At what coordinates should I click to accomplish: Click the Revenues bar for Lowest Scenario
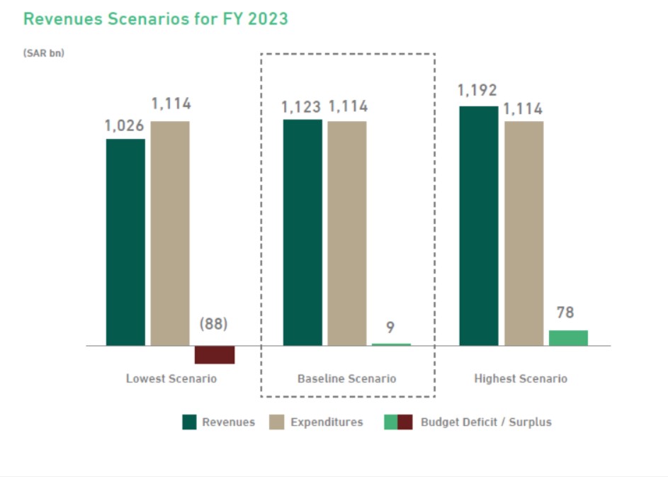click(125, 242)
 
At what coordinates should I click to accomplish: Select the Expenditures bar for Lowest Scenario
click(170, 233)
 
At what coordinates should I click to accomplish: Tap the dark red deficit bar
click(215, 354)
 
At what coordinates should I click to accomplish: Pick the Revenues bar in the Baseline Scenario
click(302, 232)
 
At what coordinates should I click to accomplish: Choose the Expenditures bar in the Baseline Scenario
click(347, 233)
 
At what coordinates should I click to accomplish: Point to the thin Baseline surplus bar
click(391, 344)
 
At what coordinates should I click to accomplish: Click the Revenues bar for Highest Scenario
click(479, 226)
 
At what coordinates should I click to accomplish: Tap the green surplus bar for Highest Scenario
click(568, 338)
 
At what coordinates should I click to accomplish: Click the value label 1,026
click(125, 125)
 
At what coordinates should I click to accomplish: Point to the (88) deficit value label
click(213, 324)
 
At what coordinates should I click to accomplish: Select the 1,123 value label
click(301, 107)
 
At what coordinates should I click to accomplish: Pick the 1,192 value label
click(477, 91)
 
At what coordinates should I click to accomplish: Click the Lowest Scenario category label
click(171, 378)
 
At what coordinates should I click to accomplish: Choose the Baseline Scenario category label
click(347, 378)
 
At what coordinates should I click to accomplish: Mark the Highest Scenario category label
click(521, 378)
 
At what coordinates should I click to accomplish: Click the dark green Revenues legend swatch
click(189, 422)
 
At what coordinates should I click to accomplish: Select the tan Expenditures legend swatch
click(277, 422)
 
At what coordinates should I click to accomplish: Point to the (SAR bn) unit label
click(44, 53)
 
